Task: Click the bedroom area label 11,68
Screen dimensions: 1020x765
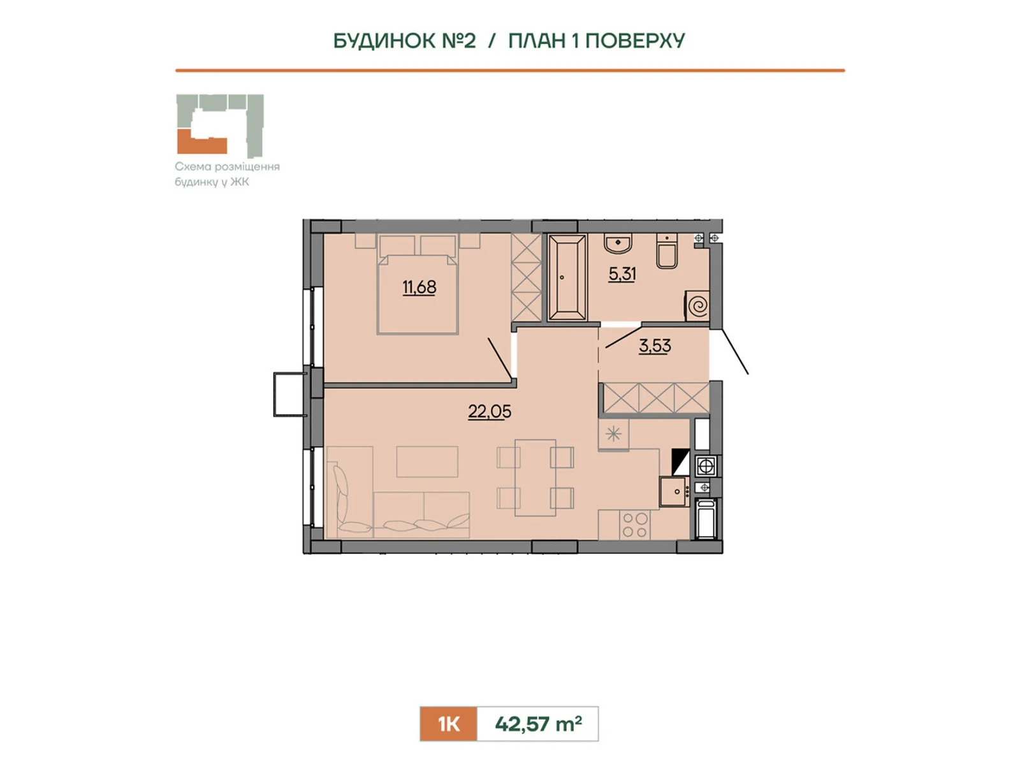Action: click(419, 288)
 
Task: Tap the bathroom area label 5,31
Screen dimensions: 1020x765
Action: click(622, 274)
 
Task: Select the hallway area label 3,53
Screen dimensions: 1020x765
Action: click(655, 346)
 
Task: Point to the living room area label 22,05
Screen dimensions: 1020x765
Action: click(490, 411)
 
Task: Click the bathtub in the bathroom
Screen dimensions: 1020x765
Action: click(567, 277)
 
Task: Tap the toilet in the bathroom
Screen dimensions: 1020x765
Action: click(667, 251)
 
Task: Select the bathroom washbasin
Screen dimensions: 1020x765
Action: click(618, 244)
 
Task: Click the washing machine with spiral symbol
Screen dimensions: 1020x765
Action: click(697, 305)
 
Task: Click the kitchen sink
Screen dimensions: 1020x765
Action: click(674, 492)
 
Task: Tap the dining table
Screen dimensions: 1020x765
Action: click(535, 477)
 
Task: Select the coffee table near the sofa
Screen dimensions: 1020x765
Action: click(427, 462)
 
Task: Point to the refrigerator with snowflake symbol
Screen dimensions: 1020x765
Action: click(613, 434)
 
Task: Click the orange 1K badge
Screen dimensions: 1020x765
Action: click(448, 724)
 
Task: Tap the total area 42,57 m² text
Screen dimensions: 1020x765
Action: click(538, 724)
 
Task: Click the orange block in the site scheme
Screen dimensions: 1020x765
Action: click(201, 143)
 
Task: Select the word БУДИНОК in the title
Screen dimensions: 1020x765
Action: click(384, 41)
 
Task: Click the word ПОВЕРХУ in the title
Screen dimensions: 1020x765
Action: click(635, 41)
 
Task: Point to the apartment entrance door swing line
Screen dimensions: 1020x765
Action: click(735, 352)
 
